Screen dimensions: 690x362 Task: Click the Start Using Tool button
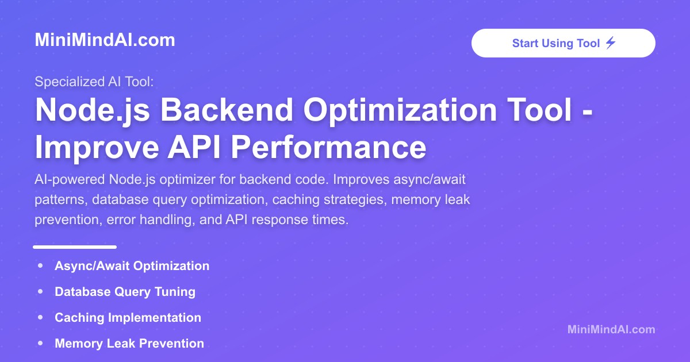[x=563, y=43]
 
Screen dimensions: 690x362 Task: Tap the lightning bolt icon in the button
[x=611, y=43]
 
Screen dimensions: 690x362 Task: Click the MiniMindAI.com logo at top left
[x=105, y=40]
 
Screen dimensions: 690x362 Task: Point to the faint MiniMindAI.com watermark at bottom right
[x=611, y=329]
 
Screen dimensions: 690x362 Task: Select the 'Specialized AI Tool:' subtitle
[x=94, y=82]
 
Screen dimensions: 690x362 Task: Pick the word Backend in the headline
[x=227, y=110]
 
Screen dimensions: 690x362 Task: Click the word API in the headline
[x=194, y=147]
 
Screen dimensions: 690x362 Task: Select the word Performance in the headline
[x=328, y=147]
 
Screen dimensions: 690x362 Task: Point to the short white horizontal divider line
[x=75, y=247]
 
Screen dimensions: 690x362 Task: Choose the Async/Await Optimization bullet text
[x=132, y=266]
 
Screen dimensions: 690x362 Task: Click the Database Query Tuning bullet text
[x=125, y=292]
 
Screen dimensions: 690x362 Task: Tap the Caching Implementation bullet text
[x=128, y=318]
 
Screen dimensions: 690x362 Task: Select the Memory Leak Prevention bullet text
[x=129, y=344]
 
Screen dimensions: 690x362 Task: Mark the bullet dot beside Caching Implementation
[x=40, y=317]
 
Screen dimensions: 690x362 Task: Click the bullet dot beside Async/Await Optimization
[x=40, y=265]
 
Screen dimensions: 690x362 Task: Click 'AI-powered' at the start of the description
[x=70, y=180]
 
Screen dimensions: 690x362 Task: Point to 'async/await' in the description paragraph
[x=430, y=180]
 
